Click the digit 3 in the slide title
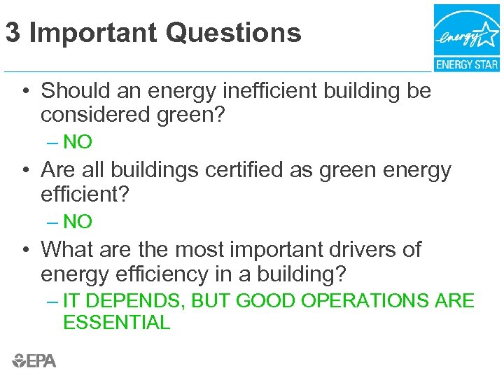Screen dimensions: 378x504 [x=12, y=33]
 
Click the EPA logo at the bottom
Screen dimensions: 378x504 [x=34, y=360]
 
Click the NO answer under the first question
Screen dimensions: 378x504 [x=77, y=142]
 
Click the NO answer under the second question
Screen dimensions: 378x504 [x=77, y=222]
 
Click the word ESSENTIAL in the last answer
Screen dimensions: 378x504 [x=116, y=323]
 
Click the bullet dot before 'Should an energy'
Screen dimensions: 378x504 [x=25, y=92]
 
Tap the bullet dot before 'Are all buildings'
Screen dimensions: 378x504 [x=25, y=171]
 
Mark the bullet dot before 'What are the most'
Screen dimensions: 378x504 [x=25, y=251]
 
